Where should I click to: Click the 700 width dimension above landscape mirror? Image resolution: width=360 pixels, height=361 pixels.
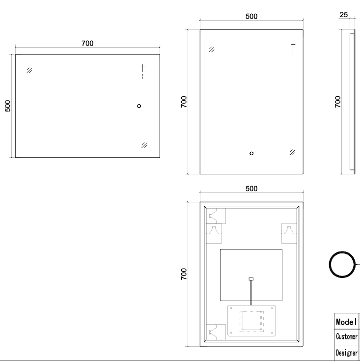[87, 43]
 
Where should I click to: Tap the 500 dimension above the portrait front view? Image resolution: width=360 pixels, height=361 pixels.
[251, 16]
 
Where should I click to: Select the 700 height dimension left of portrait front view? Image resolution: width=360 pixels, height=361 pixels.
[184, 102]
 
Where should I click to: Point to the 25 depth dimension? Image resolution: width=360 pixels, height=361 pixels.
[343, 15]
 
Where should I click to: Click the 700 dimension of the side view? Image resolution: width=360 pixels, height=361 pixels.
[338, 102]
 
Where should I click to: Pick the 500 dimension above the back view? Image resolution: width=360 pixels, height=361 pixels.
[251, 189]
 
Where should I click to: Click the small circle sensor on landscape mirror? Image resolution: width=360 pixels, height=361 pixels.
[139, 106]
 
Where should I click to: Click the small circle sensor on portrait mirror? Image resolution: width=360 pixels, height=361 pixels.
[252, 153]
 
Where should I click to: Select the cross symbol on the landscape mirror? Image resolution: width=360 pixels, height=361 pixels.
[142, 67]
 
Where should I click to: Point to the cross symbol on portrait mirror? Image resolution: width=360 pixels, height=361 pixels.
[293, 46]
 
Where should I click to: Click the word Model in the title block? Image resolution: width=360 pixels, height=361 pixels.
[346, 322]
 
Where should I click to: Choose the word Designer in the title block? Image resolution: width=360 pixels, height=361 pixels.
[346, 353]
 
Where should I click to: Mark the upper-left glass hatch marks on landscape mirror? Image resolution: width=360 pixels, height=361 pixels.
[29, 70]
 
